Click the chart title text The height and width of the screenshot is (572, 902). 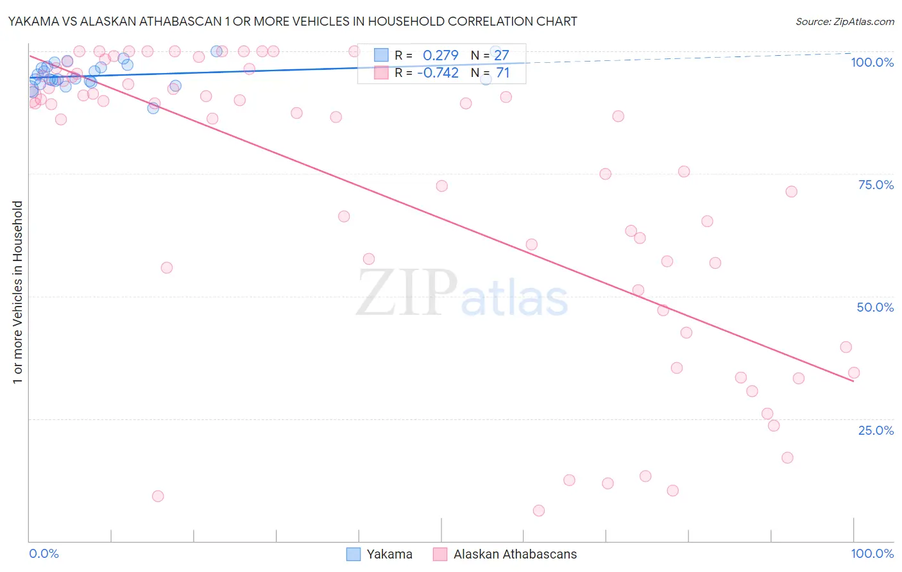[x=293, y=21]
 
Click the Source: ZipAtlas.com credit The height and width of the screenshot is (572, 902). [x=844, y=21]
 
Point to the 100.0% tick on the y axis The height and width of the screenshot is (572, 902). [x=872, y=62]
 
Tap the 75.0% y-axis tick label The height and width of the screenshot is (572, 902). [x=876, y=185]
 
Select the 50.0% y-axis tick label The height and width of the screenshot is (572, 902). [x=875, y=307]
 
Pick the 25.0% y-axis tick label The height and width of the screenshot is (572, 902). [x=876, y=430]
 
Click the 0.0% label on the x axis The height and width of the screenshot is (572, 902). [x=44, y=553]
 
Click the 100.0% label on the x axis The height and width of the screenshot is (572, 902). [x=872, y=553]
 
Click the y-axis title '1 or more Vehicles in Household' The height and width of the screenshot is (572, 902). [x=17, y=292]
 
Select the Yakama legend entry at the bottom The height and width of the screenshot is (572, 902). [x=389, y=554]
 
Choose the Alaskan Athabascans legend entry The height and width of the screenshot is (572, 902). [x=515, y=554]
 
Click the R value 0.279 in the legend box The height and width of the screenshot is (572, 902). [x=440, y=55]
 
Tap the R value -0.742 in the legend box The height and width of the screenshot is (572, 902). [x=438, y=73]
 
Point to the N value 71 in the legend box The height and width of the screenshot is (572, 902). [x=503, y=73]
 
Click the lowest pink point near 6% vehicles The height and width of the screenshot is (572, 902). [x=539, y=510]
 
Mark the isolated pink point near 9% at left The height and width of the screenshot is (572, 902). [x=158, y=496]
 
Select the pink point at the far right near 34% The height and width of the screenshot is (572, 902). [x=854, y=373]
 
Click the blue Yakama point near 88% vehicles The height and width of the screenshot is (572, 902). [x=153, y=108]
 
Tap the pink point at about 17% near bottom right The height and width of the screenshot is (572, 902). [x=787, y=457]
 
